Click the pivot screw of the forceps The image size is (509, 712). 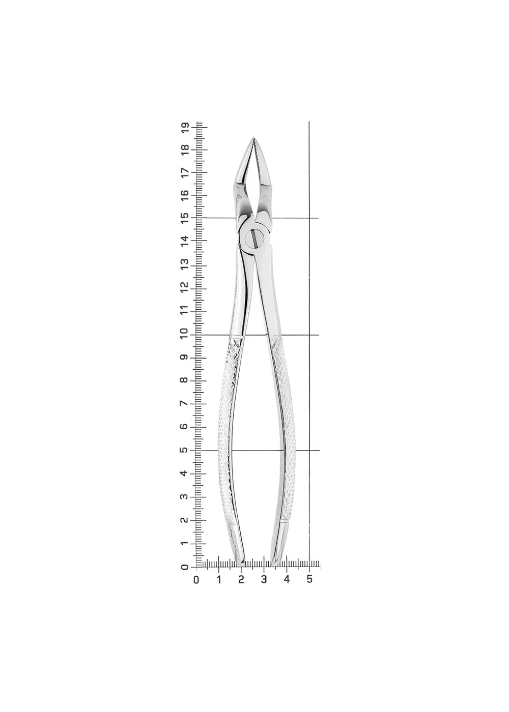point(255,238)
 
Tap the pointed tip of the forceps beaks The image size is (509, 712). point(253,138)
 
